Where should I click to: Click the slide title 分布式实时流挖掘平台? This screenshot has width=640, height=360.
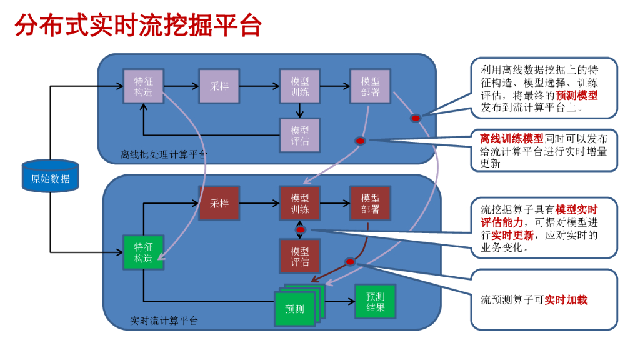[x=138, y=26]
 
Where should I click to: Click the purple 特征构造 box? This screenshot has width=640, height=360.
[x=143, y=86]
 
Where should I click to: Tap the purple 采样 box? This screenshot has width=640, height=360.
[x=219, y=86]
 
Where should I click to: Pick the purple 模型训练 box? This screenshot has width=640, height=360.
[x=300, y=86]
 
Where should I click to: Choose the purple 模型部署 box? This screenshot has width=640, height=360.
[x=371, y=86]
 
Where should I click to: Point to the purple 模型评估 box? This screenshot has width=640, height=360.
[x=300, y=135]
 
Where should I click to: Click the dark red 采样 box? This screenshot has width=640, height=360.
[x=219, y=203]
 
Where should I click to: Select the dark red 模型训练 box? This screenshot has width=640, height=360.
[x=300, y=203]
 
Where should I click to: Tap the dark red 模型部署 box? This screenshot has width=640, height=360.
[x=371, y=203]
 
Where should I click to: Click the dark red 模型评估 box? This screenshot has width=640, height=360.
[x=300, y=256]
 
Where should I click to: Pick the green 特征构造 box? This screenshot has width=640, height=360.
[x=143, y=252]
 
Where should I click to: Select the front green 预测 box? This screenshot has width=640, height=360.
[x=294, y=309]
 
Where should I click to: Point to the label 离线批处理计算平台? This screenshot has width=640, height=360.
[x=164, y=154]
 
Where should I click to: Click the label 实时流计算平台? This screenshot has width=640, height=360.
[x=164, y=321]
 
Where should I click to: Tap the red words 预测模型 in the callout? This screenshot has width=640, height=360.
[x=576, y=96]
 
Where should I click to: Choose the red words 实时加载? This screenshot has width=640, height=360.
[x=566, y=300]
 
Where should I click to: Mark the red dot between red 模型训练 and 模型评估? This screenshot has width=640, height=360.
[x=300, y=230]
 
